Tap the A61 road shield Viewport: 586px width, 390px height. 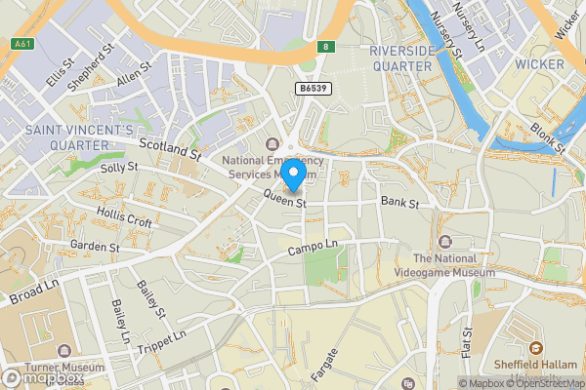[x=20, y=44]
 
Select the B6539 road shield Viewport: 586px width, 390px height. [x=314, y=89]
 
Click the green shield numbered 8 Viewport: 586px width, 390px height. [x=325, y=46]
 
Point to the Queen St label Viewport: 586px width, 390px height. [x=285, y=201]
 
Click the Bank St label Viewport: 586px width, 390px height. [x=399, y=204]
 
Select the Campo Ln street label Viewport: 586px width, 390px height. [x=312, y=250]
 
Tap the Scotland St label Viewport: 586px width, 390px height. [x=169, y=149]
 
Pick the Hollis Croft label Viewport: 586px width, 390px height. [x=125, y=216]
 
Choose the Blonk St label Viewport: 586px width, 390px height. [x=548, y=139]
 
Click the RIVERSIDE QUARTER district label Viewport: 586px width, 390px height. [x=400, y=58]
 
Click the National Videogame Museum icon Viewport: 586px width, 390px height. [x=446, y=241]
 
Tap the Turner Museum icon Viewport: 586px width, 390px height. [x=64, y=349]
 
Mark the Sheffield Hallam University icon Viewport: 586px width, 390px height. [x=535, y=348]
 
